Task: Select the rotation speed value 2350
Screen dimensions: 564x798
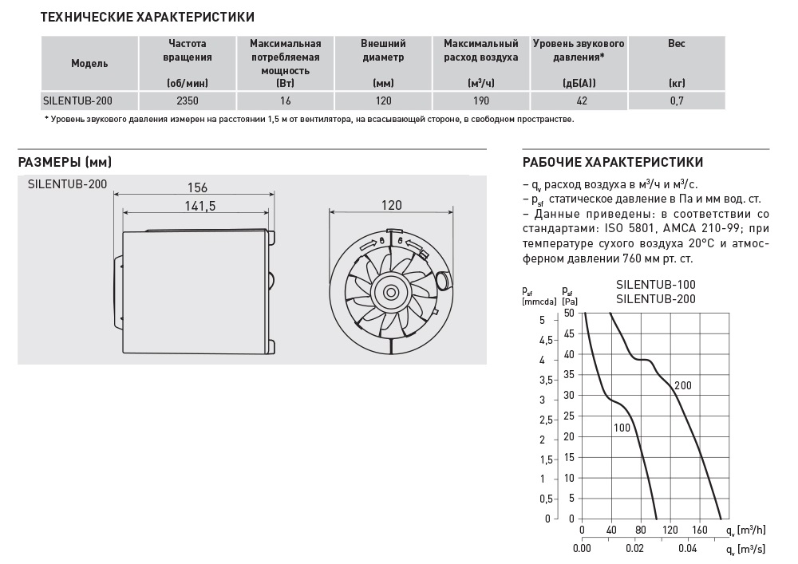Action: pos(188,101)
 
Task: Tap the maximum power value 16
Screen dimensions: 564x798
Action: pos(286,101)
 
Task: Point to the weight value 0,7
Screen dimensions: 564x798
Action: pos(676,101)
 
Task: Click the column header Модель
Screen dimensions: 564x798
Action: pos(89,63)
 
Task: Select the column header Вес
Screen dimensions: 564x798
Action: pos(676,44)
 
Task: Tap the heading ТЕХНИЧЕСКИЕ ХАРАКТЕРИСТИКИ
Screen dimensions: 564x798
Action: pos(148,16)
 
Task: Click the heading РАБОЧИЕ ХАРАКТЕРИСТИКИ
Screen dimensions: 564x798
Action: pos(612,162)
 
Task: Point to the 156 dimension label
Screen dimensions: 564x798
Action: pos(197,187)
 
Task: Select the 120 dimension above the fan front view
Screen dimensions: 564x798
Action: pos(391,205)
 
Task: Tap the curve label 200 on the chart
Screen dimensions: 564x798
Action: pos(682,386)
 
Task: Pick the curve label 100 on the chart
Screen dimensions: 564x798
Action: pos(622,428)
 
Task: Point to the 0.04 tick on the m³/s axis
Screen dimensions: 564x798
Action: pos(687,549)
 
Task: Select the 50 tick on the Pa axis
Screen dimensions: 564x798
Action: pos(569,313)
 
